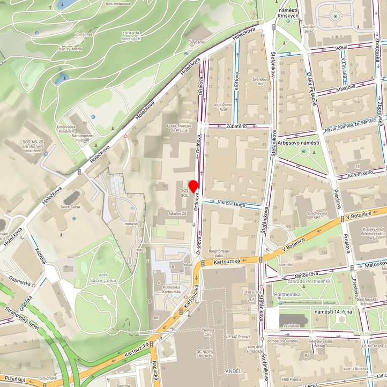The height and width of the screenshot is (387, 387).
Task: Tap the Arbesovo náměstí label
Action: [299, 143]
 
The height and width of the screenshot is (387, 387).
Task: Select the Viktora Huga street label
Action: [231, 203]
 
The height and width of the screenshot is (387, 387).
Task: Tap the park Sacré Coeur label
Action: [103, 277]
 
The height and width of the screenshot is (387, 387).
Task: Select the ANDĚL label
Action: [234, 370]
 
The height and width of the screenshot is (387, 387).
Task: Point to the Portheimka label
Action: [286, 294]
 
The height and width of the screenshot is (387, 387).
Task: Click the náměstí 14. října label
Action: [332, 311]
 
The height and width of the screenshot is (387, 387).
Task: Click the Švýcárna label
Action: [197, 42]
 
